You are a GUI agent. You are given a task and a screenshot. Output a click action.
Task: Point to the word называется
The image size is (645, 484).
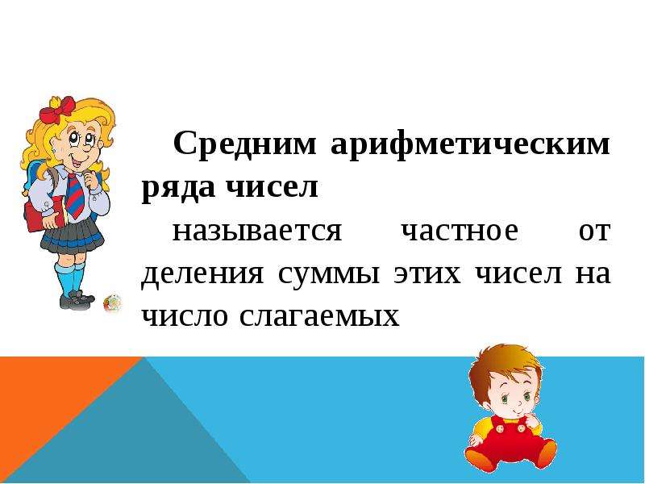pos(257,232)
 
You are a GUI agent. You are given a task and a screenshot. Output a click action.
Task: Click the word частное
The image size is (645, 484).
pos(460,231)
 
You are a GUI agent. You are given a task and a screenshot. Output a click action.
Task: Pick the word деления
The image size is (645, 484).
pos(202,275)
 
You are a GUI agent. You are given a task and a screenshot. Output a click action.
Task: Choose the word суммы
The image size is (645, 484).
pos(328,275)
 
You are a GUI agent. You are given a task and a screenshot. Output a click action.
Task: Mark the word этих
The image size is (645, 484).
pos(427,274)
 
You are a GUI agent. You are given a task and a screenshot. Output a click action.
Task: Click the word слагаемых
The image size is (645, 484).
pos(319,317)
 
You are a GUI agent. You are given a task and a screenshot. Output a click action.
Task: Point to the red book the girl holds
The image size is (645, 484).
pos(44,214)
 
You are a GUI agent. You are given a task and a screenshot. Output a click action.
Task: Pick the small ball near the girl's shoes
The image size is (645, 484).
pos(112,303)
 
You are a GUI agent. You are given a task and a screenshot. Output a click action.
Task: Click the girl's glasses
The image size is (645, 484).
pos(82,140)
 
